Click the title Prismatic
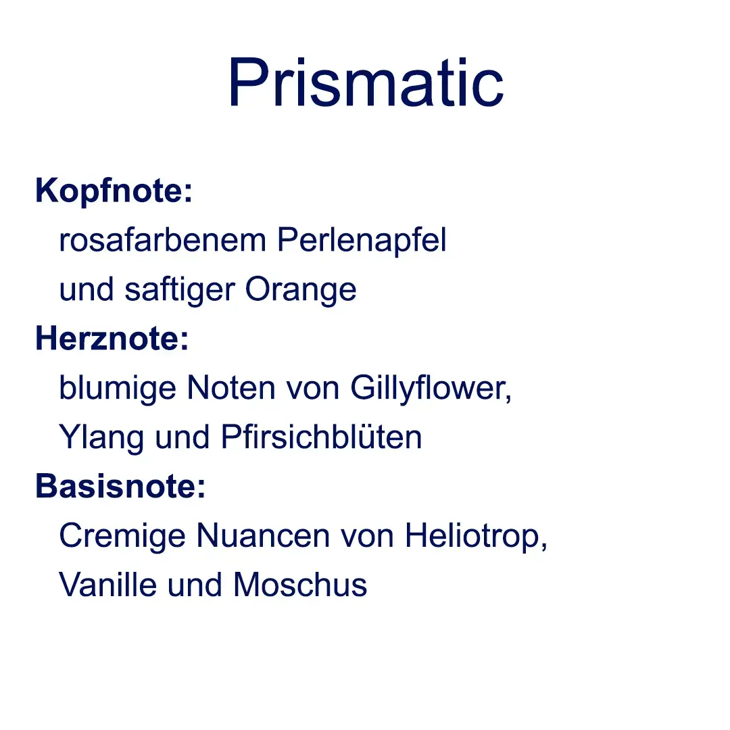tap(366, 82)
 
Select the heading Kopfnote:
tap(114, 191)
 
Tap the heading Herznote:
tap(112, 338)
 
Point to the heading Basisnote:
tap(120, 485)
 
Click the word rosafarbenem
tap(162, 240)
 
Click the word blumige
tap(118, 389)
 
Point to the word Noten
tap(231, 388)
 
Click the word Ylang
tap(101, 437)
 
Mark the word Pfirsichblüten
tap(321, 437)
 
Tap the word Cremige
tap(122, 536)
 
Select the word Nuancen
tap(263, 535)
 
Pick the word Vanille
tap(107, 584)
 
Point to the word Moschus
tap(300, 584)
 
